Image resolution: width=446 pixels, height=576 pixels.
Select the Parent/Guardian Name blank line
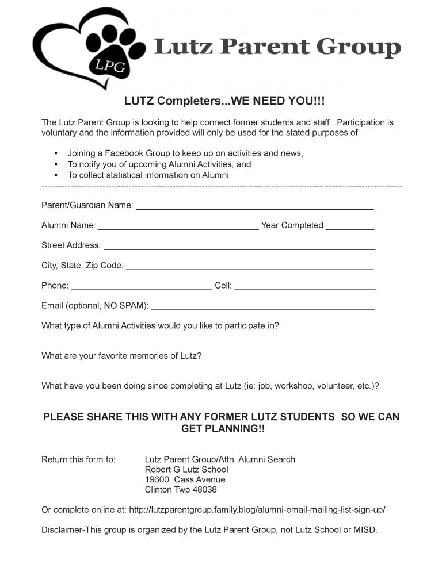tap(254, 206)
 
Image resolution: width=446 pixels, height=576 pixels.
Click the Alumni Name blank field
tap(178, 226)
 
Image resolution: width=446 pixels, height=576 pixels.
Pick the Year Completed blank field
tap(350, 226)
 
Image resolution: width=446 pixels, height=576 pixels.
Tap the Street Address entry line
tap(239, 247)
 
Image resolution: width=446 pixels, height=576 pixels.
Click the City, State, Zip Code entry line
tap(249, 267)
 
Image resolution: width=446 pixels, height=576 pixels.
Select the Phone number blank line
tap(142, 287)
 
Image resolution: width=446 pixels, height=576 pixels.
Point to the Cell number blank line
tap(304, 287)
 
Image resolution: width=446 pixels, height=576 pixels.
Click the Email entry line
tap(262, 307)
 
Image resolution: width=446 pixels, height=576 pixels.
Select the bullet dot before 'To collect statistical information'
tap(56, 175)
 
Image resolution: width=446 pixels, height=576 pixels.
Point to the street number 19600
tap(157, 479)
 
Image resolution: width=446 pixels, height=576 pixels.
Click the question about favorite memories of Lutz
tap(121, 356)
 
